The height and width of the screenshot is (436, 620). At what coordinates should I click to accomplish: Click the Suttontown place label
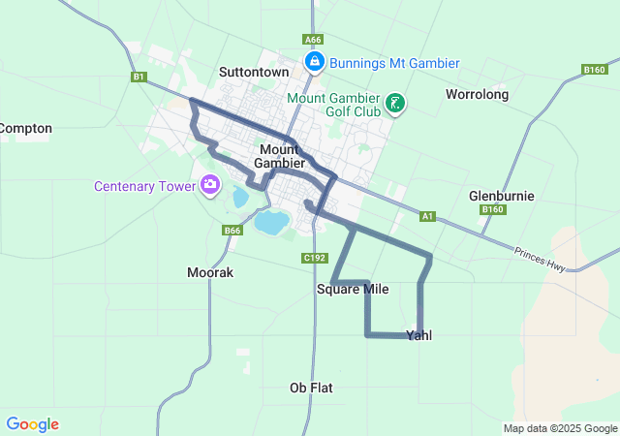[254, 72]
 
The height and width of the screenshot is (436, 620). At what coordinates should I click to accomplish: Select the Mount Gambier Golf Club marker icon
[395, 103]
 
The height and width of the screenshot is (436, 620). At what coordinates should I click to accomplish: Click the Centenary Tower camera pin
[210, 184]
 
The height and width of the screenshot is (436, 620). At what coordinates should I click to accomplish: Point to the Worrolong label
[477, 94]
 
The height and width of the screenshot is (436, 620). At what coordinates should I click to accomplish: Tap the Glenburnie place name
[501, 195]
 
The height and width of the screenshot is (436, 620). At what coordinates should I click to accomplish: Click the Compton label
[25, 128]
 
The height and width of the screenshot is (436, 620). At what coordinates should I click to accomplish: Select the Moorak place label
[210, 273]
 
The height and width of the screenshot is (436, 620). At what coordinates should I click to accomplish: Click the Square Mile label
[352, 289]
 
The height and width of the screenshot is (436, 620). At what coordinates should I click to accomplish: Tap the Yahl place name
[418, 335]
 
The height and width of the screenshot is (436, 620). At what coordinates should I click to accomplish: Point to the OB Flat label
[311, 388]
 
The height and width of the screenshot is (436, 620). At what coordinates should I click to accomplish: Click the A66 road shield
[312, 40]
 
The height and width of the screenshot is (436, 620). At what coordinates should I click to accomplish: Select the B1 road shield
[139, 77]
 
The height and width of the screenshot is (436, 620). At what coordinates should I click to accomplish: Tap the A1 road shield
[427, 216]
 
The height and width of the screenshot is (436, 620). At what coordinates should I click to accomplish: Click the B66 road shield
[232, 230]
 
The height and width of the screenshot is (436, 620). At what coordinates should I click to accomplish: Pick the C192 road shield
[314, 258]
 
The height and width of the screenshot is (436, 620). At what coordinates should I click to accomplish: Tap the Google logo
[32, 424]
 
